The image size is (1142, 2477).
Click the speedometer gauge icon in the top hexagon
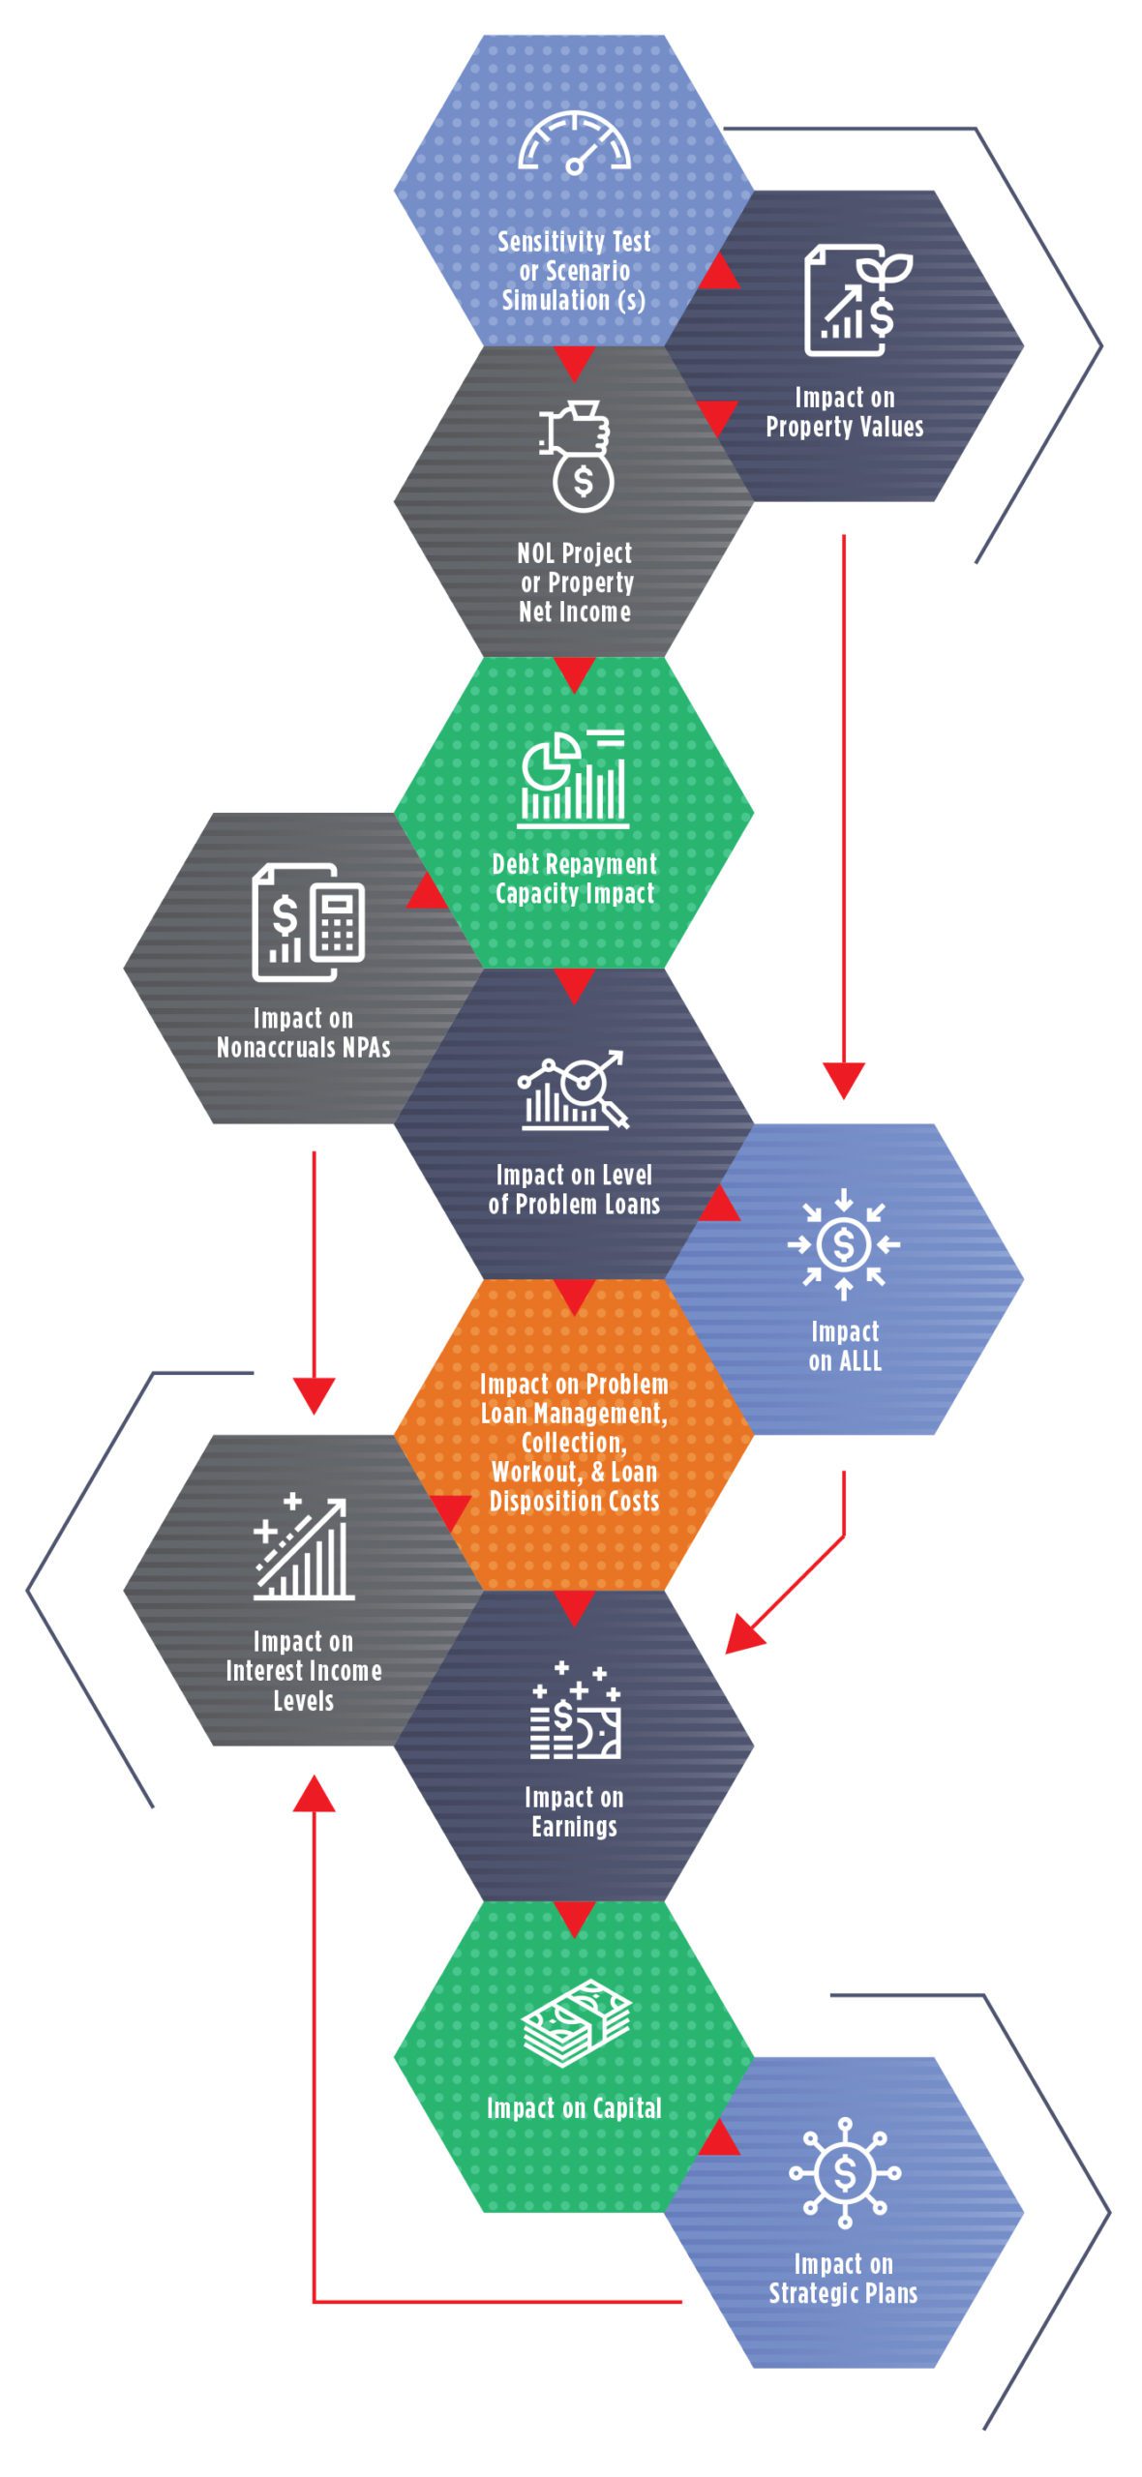574,143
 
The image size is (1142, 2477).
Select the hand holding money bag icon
578,456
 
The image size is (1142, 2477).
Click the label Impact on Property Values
844,412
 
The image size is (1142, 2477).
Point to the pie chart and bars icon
573,779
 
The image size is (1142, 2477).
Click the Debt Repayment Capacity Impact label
574,879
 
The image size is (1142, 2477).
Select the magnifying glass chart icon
573,1089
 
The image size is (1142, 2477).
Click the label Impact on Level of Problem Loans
574,1190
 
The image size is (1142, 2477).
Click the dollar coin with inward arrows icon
843,1243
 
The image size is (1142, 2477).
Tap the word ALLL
860,1361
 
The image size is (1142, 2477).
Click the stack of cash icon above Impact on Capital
576,2023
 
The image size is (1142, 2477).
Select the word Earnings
574,1827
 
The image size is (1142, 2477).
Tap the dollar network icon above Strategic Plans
844,2173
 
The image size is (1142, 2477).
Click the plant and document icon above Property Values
857,300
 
